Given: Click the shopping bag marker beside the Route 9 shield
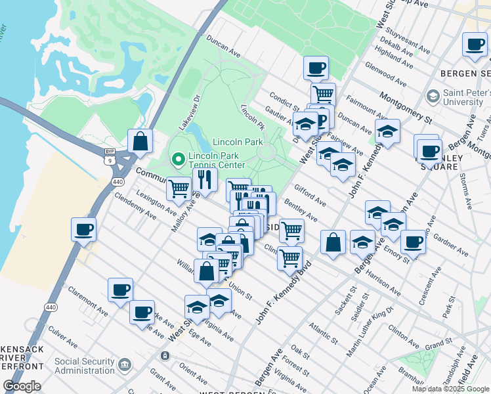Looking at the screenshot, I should pos(140,141).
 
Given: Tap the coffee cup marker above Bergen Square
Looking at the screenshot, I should pos(475,44).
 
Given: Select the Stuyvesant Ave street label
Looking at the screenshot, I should pos(408,39).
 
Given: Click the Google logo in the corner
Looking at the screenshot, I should pos(22,386).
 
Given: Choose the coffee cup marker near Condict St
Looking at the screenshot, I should pos(316,68).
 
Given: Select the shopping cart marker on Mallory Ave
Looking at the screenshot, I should pos(179,189).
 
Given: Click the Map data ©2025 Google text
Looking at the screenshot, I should pos(450,389).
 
